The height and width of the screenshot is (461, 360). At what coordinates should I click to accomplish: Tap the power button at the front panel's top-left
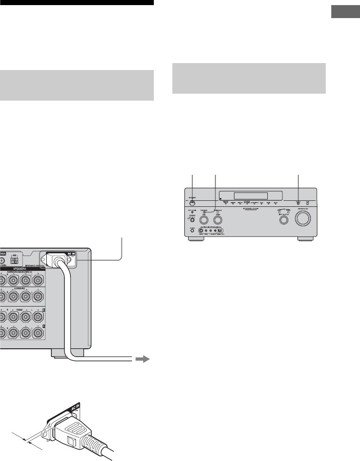tap(192, 202)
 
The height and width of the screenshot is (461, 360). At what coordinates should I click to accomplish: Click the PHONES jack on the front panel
tap(192, 230)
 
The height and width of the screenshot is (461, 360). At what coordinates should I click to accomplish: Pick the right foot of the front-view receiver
tap(304, 240)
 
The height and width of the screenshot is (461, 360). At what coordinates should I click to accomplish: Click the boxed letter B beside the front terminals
tap(44, 308)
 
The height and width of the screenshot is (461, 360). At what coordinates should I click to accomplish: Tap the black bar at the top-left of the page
tap(76, 2)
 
